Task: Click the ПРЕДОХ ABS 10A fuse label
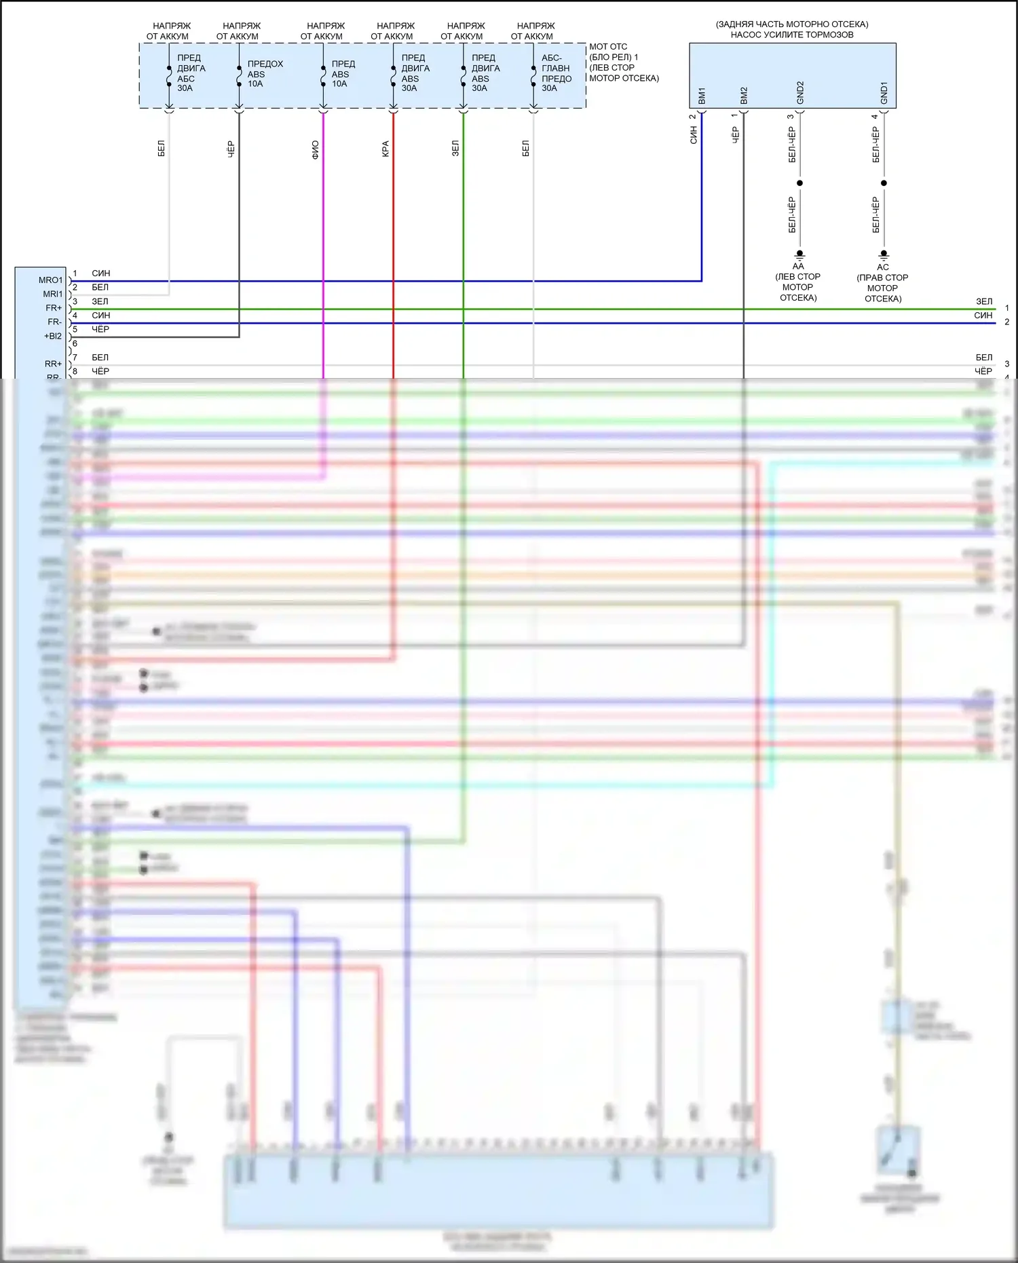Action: (x=264, y=74)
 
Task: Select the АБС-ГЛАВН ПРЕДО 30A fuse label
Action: (x=556, y=73)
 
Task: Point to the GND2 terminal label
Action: (x=800, y=93)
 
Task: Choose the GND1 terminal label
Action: (x=884, y=93)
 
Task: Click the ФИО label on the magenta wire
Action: (x=316, y=149)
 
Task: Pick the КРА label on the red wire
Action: (x=385, y=149)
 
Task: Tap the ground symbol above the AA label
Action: (x=799, y=255)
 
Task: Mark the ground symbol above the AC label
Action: (x=884, y=255)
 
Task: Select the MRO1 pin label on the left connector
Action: (x=50, y=280)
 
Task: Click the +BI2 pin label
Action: (x=53, y=337)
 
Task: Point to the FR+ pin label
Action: (x=54, y=308)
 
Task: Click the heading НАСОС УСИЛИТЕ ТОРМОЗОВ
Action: (x=792, y=35)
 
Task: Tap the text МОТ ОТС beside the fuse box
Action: (x=608, y=47)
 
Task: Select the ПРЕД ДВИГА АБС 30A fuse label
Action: (x=190, y=73)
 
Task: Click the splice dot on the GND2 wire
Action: (x=799, y=183)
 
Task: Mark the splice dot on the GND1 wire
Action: (x=884, y=183)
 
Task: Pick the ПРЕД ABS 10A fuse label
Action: (x=342, y=74)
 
